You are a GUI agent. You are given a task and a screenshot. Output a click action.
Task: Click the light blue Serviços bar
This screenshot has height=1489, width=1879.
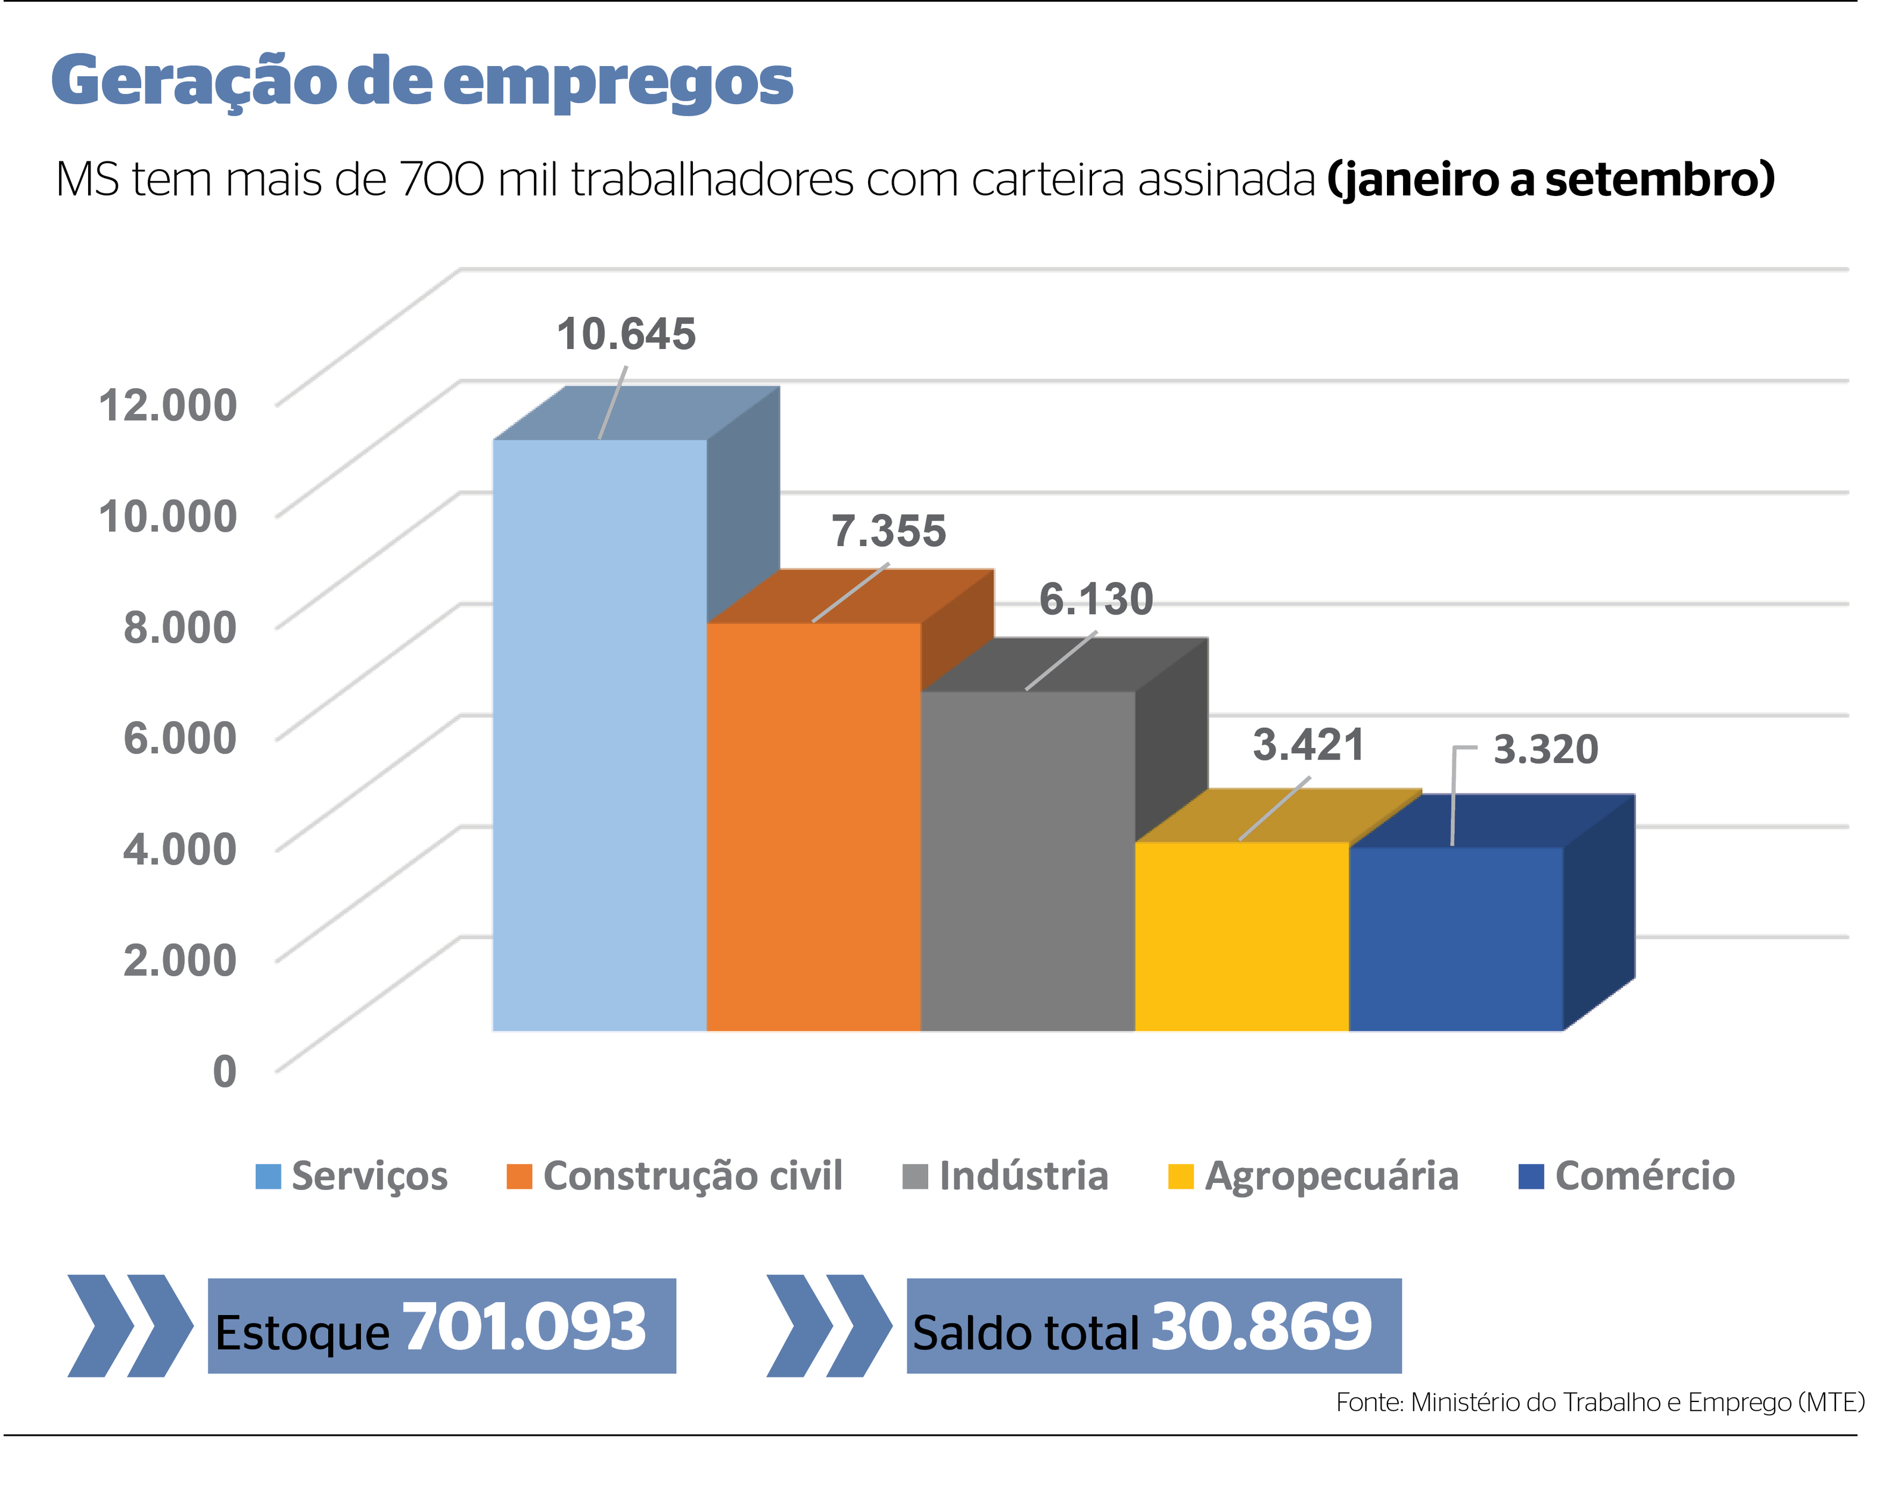[x=599, y=736]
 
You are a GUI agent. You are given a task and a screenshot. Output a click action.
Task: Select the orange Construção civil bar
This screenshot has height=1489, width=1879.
[x=814, y=828]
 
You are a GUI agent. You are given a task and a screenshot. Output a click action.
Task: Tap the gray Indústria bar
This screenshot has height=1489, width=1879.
[x=1028, y=862]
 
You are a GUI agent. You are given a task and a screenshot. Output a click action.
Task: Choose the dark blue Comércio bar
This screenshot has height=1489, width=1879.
[x=1456, y=939]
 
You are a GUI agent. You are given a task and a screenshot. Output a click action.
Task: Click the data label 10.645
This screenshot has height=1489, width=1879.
[x=626, y=335]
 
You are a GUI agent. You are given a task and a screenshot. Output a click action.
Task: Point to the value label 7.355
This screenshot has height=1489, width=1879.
[x=888, y=531]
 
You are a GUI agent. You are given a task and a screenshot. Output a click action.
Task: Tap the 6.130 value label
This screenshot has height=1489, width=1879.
[x=1096, y=599]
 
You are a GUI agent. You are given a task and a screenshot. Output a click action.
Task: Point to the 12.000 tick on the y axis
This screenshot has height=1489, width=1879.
[x=167, y=405]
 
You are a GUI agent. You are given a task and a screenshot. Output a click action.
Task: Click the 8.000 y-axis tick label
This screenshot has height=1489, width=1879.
[x=179, y=627]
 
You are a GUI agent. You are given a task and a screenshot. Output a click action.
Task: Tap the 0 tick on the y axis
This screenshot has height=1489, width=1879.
[x=224, y=1071]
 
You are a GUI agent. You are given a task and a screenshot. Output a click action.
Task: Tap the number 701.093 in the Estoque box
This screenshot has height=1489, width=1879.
[x=524, y=1328]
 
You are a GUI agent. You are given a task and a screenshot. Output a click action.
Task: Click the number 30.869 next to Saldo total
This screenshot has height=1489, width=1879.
[x=1261, y=1328]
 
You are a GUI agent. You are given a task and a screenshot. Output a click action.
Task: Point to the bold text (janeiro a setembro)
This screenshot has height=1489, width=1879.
[x=1550, y=179]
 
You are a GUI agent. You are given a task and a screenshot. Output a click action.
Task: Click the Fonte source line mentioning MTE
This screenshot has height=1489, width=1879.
[x=1599, y=1403]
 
